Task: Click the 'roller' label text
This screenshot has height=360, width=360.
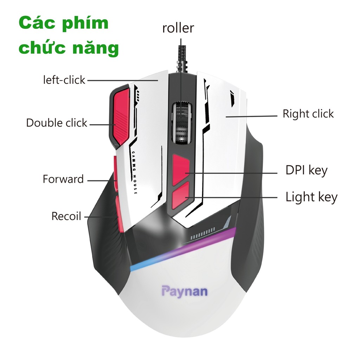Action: point(178,28)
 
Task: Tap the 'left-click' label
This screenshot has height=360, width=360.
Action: point(64,80)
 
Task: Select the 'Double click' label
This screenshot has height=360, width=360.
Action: point(57,123)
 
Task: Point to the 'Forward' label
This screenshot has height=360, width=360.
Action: point(63,179)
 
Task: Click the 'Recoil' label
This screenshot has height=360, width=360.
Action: point(66,216)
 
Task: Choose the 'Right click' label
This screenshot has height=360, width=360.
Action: point(308,114)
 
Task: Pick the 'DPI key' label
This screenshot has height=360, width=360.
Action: point(306,171)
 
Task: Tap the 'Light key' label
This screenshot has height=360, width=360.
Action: point(311,197)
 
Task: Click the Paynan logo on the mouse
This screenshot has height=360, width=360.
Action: point(185,291)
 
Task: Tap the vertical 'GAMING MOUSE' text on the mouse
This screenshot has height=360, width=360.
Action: point(135,172)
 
